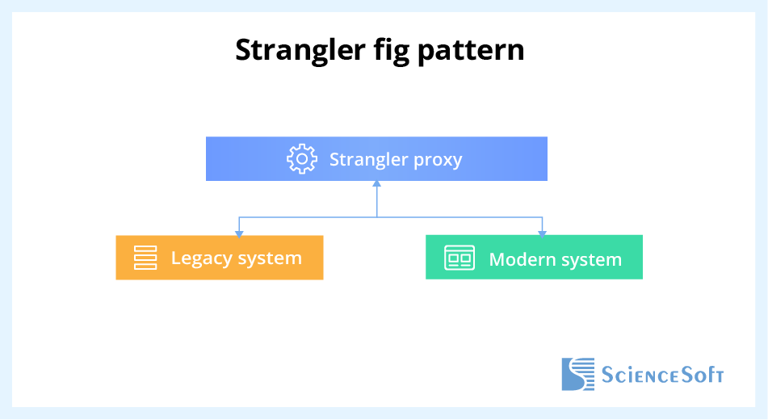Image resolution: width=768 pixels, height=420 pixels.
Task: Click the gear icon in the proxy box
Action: tap(302, 159)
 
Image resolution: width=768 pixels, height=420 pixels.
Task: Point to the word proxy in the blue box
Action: tap(438, 159)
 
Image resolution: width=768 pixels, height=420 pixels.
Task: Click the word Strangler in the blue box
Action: tap(368, 159)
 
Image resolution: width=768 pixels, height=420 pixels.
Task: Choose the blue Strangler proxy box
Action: tap(376, 158)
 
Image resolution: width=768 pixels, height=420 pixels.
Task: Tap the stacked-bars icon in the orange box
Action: tap(145, 258)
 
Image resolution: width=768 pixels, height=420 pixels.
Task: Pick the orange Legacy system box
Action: tap(219, 258)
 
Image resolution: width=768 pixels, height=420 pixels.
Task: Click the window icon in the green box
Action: tap(460, 258)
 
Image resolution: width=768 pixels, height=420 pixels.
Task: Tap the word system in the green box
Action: tap(593, 259)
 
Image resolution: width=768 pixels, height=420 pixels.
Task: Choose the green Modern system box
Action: tap(534, 258)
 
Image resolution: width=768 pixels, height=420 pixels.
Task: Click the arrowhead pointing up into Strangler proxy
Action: tap(376, 185)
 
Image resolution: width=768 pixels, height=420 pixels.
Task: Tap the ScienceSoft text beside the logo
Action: tap(662, 375)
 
